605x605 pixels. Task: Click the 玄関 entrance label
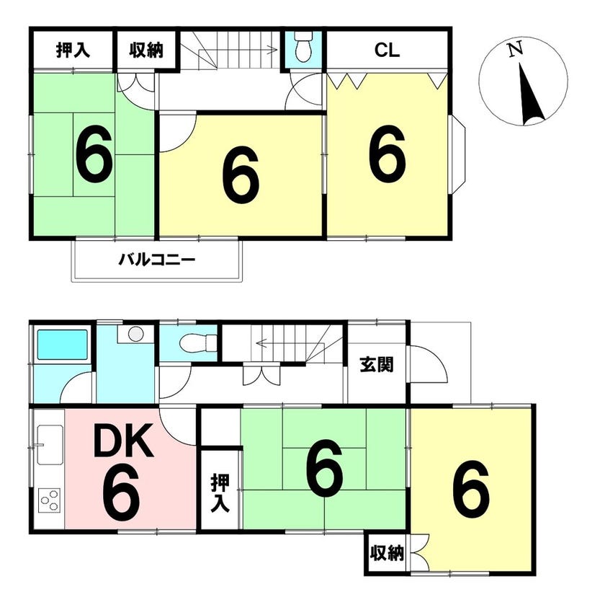(x=377, y=365)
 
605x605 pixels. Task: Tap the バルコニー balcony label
(x=157, y=260)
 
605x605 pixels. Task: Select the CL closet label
(x=387, y=50)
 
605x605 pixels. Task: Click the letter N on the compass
(x=515, y=49)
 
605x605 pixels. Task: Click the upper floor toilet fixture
(x=304, y=47)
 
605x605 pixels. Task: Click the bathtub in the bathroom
(x=62, y=345)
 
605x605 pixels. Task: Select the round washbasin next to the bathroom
(x=135, y=333)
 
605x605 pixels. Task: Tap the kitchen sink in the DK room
(x=50, y=445)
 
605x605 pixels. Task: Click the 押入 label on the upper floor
(x=73, y=50)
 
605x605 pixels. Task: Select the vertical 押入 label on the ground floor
(x=220, y=493)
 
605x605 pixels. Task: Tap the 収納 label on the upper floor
(x=146, y=50)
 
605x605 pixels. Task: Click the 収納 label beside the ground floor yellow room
(x=387, y=553)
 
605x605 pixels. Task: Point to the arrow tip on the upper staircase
(x=277, y=50)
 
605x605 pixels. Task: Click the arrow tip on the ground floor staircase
(x=257, y=343)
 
